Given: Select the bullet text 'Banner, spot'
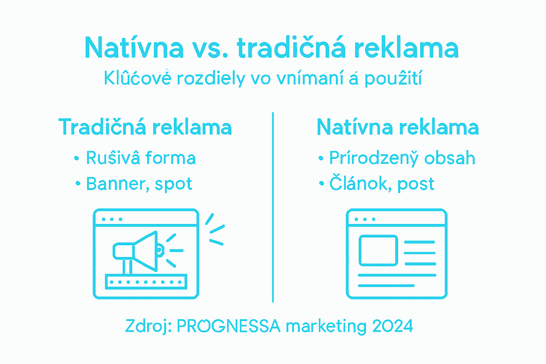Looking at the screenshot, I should (139, 184).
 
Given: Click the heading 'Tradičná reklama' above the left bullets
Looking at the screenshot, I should (145, 127).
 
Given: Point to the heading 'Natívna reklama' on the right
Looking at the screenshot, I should (397, 127).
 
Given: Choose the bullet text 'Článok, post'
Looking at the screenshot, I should (382, 184).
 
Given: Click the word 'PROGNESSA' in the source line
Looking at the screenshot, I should (229, 326).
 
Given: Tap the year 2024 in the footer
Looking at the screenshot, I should (392, 326).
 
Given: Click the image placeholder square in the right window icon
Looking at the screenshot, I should (378, 250).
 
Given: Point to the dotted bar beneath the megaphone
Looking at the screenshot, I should (146, 282).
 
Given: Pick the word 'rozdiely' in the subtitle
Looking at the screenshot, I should (211, 79).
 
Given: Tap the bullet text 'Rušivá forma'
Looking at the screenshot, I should (141, 158).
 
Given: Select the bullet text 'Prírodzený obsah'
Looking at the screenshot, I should (402, 158).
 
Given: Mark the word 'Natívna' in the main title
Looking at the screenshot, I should (134, 48).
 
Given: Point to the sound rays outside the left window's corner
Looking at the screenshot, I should (215, 229).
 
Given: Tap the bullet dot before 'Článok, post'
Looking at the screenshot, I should (322, 184).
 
